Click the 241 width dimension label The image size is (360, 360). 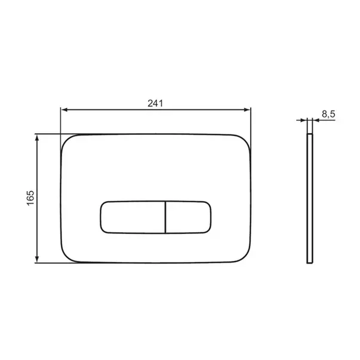pyautogui.click(x=155, y=103)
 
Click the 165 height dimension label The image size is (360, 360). pyautogui.click(x=31, y=198)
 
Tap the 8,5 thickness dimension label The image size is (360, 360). pyautogui.click(x=328, y=113)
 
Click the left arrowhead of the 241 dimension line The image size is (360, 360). pyautogui.click(x=64, y=110)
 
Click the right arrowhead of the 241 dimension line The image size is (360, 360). pyautogui.click(x=247, y=110)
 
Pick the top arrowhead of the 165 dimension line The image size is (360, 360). pyautogui.click(x=38, y=137)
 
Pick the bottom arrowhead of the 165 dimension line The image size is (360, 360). pyautogui.click(x=38, y=259)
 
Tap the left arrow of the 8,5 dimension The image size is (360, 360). pyautogui.click(x=301, y=120)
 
